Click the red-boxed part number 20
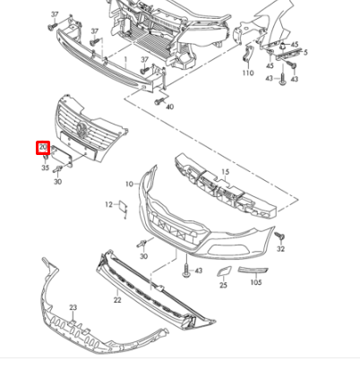[x=41, y=149]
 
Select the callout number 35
[x=44, y=168]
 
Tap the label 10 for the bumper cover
[x=129, y=184]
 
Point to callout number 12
[x=109, y=205]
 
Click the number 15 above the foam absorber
[x=225, y=171]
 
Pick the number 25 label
[x=223, y=285]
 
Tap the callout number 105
[x=256, y=281]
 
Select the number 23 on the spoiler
[x=73, y=307]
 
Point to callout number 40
[x=170, y=107]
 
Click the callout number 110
[x=248, y=73]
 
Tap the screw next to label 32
[x=280, y=235]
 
